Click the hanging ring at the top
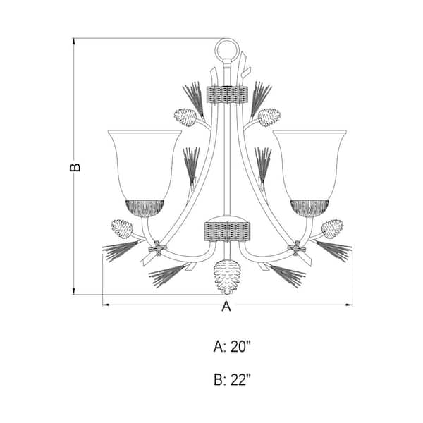coord(227,40)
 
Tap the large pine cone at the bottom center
coord(227,276)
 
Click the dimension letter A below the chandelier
coord(226,306)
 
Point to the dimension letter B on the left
coord(75,167)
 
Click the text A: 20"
coord(232,346)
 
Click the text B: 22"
coord(232,380)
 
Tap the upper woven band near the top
coord(227,94)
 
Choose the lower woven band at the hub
coord(227,231)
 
